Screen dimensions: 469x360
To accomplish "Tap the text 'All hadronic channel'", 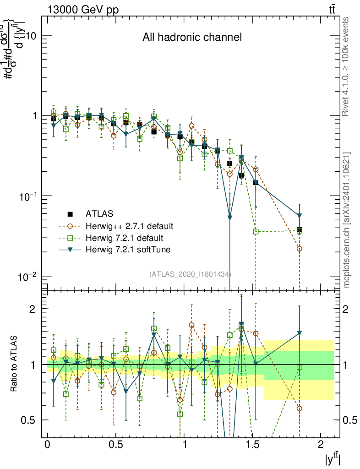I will coord(192,37).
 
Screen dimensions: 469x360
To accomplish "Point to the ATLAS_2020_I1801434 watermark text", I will coord(190,274).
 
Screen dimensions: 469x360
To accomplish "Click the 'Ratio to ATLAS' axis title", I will coord(14,364).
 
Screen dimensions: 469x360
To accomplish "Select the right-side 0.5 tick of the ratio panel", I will coord(350,420).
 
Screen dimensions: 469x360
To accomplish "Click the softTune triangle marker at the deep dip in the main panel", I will coord(230,217).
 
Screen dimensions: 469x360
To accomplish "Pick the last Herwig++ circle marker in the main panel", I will coord(300,249).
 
